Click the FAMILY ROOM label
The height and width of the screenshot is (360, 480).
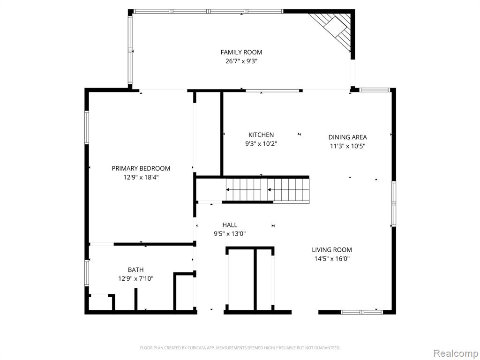pos(241,52)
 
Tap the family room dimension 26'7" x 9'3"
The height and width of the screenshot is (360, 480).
pos(241,61)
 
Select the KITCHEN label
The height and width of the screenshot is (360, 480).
pos(261,135)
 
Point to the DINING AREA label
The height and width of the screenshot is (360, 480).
pos(347,137)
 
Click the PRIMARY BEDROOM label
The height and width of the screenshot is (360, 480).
pos(141,168)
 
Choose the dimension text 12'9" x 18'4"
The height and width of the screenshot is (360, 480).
pos(141,177)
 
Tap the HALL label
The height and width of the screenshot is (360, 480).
pos(230,225)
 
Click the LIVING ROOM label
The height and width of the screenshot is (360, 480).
pos(332,250)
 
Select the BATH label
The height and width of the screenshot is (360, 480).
pos(135,270)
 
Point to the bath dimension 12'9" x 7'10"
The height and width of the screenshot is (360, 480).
pos(135,278)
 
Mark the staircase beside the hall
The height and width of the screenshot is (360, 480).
pos(268,190)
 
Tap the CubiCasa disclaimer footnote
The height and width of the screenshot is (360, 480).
pos(240,348)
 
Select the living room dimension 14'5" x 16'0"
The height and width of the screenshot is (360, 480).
pos(332,259)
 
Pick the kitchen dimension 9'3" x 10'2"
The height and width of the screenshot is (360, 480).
pos(261,143)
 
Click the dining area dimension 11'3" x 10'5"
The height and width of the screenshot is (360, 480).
pos(347,146)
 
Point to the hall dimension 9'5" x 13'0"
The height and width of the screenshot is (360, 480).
pos(230,234)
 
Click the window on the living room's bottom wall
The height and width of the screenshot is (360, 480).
pos(361,312)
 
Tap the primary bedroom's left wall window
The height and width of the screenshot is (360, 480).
pos(87,127)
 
